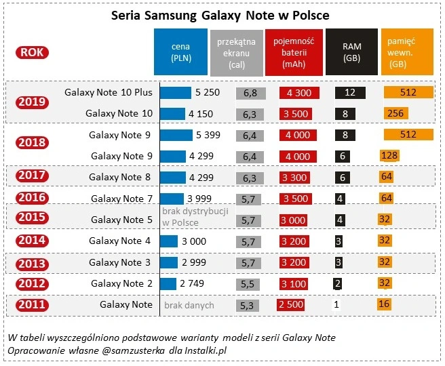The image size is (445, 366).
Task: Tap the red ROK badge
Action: click(33, 52)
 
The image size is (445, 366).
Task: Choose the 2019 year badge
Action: click(33, 102)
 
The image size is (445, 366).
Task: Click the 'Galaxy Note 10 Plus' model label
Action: click(108, 91)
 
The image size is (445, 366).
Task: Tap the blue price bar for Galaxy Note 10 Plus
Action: click(176, 92)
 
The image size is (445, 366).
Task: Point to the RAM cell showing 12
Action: click(351, 92)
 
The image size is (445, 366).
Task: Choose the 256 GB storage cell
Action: click(398, 113)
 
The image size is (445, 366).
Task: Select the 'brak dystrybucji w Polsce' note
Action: click(195, 217)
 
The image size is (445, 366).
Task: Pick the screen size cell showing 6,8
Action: click(250, 92)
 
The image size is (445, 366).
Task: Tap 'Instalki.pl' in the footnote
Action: click(203, 350)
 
